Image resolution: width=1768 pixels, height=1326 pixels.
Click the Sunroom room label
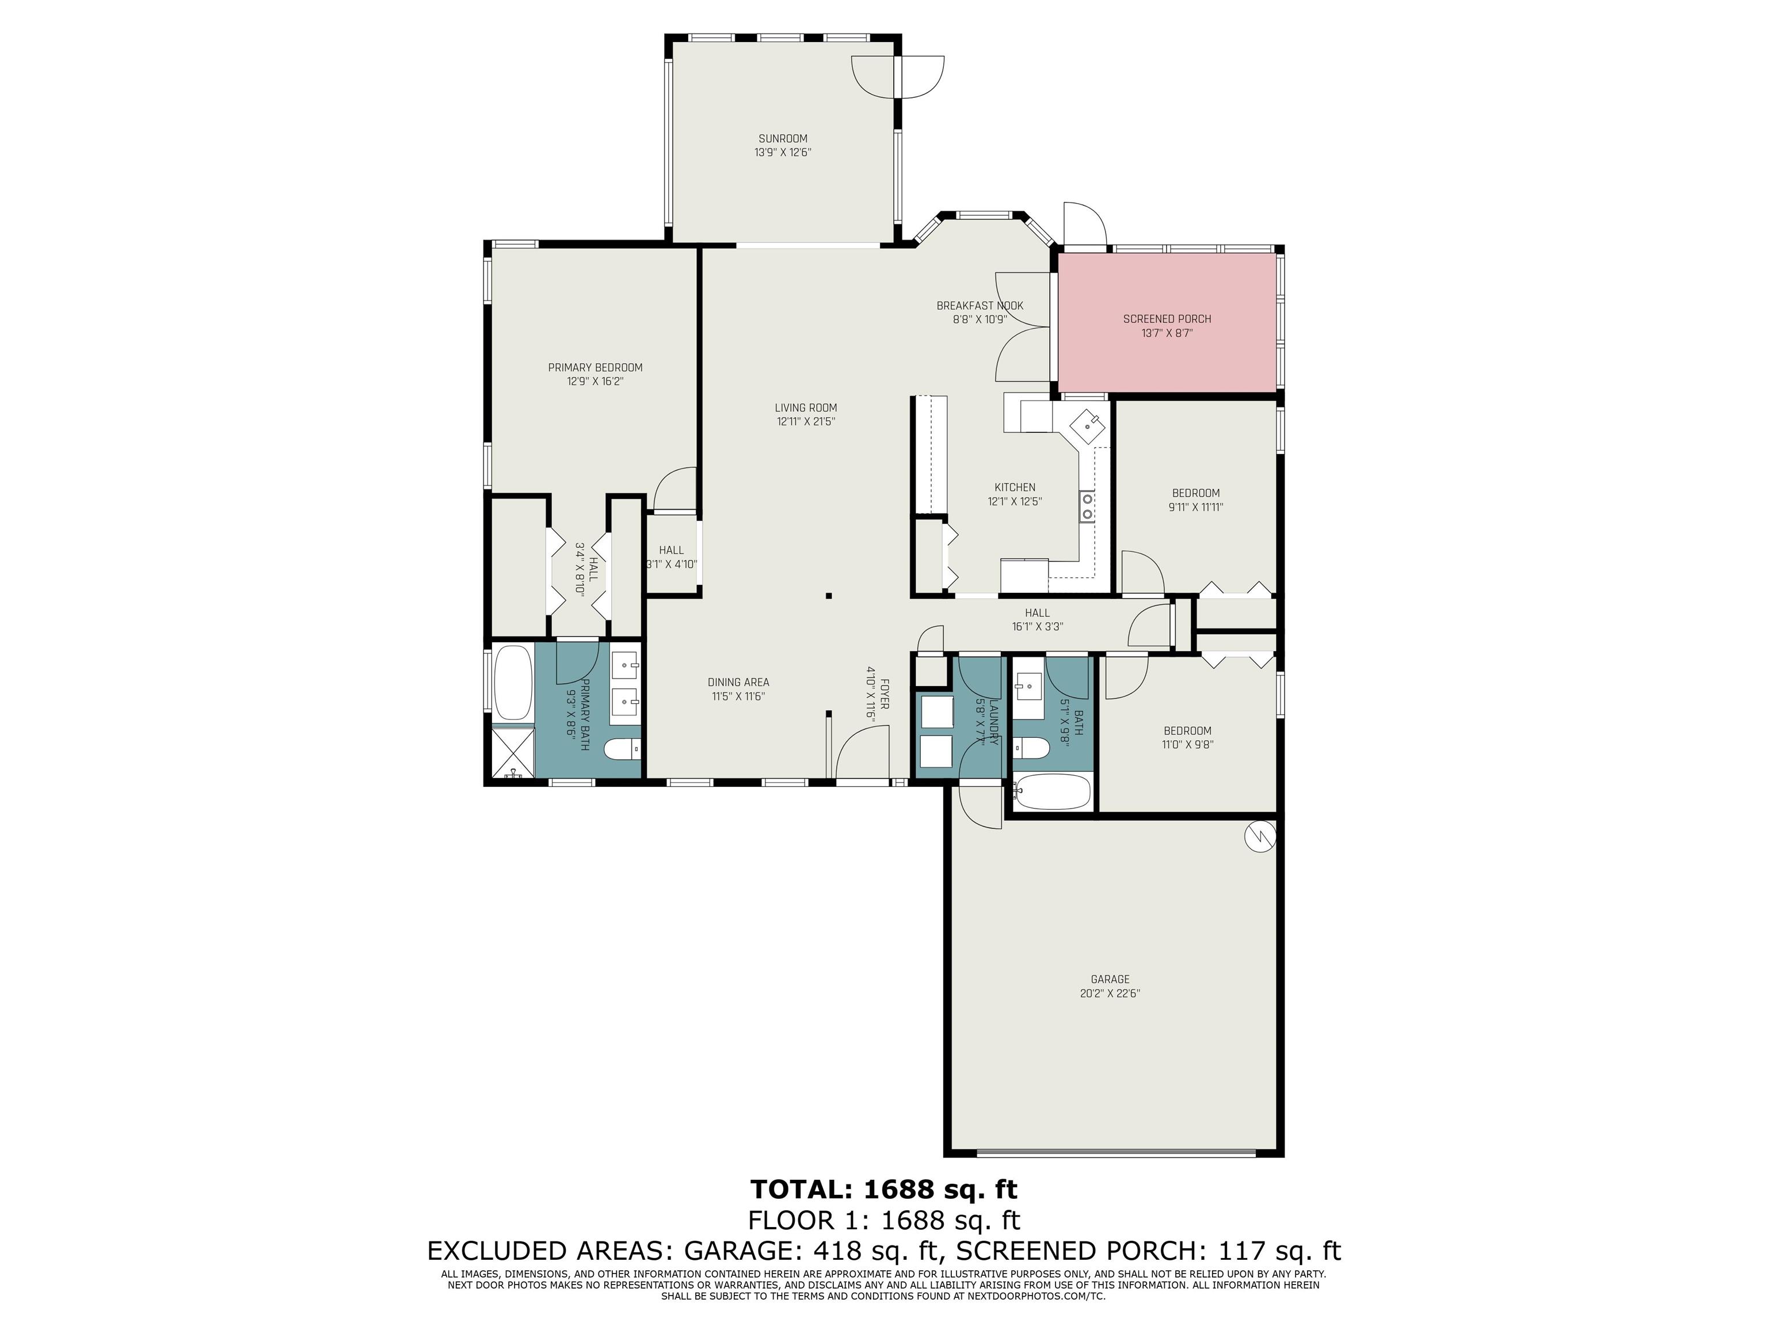click(x=783, y=138)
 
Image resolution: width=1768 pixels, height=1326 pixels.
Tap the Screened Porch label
click(x=1167, y=319)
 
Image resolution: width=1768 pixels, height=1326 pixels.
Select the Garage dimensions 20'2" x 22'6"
click(x=1110, y=993)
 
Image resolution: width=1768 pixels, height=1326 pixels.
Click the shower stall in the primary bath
click(x=512, y=751)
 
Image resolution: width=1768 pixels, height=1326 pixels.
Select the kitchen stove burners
click(x=1087, y=506)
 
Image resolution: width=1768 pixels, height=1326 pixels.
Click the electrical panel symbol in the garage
click(x=1260, y=837)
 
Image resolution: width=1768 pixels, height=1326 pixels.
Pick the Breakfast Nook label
click(x=980, y=306)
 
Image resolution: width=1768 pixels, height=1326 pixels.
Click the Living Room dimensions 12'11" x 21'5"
click(x=806, y=421)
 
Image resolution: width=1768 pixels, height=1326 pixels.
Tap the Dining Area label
click(x=738, y=682)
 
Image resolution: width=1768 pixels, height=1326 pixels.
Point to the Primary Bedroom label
click(x=596, y=368)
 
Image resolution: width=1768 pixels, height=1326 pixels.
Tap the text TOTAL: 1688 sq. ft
click(x=884, y=1190)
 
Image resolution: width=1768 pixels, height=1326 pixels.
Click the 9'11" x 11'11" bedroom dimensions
click(x=1196, y=506)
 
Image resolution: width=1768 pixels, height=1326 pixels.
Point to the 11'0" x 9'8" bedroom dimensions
click(x=1188, y=744)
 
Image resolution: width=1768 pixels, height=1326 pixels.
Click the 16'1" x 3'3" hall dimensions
click(x=1038, y=627)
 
